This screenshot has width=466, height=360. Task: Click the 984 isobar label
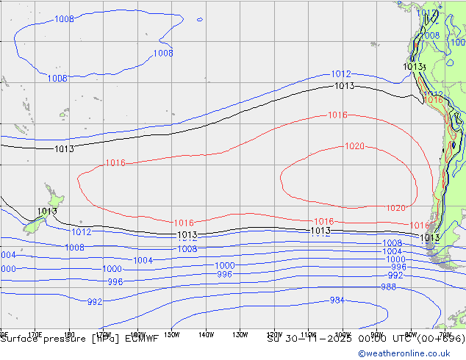point(337,300)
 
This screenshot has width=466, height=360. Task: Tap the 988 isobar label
point(388,287)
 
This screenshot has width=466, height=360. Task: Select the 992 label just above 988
point(395,276)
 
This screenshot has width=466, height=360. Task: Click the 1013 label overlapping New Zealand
point(47,212)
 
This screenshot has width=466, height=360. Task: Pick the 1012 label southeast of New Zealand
point(81,232)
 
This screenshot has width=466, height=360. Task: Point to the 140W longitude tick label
point(206,334)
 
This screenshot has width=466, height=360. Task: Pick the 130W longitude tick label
point(240,334)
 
